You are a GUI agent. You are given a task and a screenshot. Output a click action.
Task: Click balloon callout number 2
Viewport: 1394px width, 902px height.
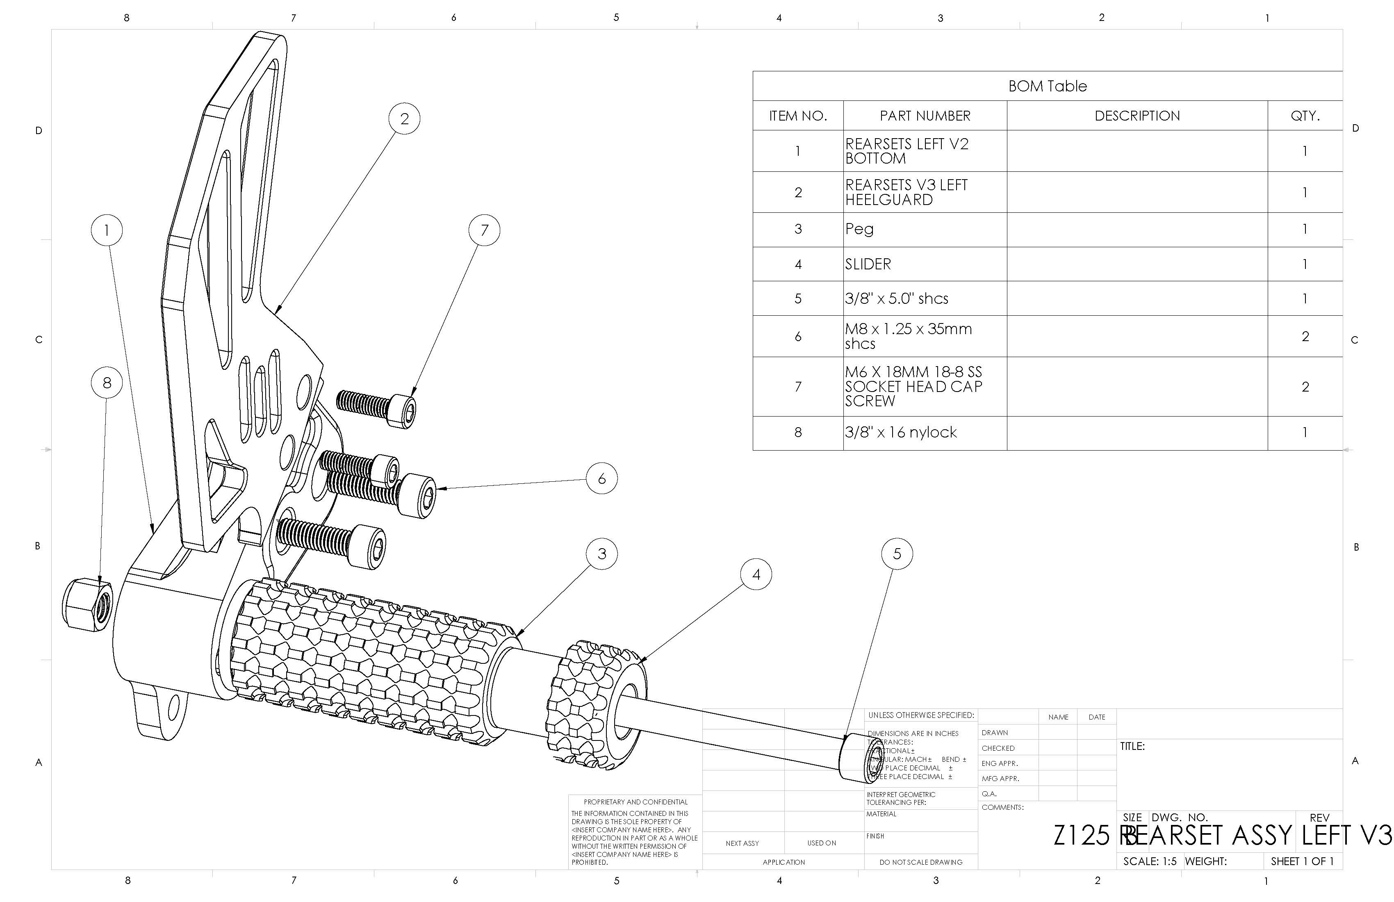(x=404, y=119)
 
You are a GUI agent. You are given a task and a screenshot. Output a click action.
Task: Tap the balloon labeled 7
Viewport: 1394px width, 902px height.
(x=484, y=230)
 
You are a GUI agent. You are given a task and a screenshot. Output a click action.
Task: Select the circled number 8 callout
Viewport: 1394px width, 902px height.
(x=107, y=383)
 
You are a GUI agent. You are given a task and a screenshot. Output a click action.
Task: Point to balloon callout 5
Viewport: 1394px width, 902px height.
(x=897, y=553)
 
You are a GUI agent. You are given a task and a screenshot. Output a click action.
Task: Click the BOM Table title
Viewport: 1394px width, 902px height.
(x=1047, y=86)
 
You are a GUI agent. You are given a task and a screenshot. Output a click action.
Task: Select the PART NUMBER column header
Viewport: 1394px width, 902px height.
(x=925, y=116)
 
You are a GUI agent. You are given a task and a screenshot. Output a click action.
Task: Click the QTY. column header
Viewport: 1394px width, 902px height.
(x=1305, y=116)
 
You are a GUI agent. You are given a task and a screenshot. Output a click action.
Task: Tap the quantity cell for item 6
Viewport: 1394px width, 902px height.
(x=1305, y=336)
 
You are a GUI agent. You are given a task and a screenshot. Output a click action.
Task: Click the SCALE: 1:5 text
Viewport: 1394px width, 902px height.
(x=1149, y=861)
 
